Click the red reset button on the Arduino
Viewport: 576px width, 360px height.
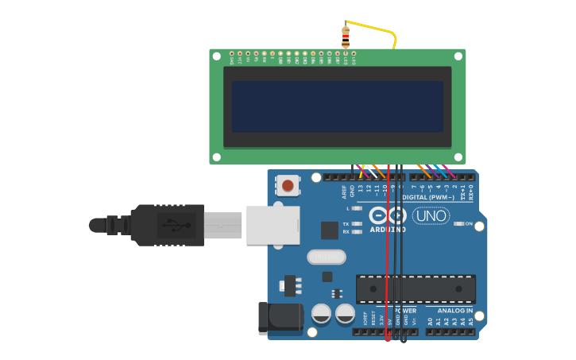(288, 186)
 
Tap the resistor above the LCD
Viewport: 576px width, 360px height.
(345, 35)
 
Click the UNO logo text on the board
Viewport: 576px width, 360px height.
(431, 216)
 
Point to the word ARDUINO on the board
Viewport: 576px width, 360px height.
(387, 230)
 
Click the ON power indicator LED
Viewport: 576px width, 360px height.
(458, 224)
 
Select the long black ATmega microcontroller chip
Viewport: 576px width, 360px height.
(416, 288)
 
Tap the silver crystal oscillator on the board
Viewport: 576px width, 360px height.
(326, 257)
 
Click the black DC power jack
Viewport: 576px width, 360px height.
(280, 319)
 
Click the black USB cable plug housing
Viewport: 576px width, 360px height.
(167, 225)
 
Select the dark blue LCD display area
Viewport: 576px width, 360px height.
(337, 106)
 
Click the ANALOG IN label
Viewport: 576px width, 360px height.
(454, 311)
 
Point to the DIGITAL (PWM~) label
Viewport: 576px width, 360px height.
(428, 196)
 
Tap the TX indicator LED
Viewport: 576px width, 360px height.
(356, 224)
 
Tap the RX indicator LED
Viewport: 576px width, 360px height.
(356, 232)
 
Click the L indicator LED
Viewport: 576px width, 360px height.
(356, 208)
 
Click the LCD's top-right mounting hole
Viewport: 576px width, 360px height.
(458, 56)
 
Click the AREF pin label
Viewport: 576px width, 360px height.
(344, 192)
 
